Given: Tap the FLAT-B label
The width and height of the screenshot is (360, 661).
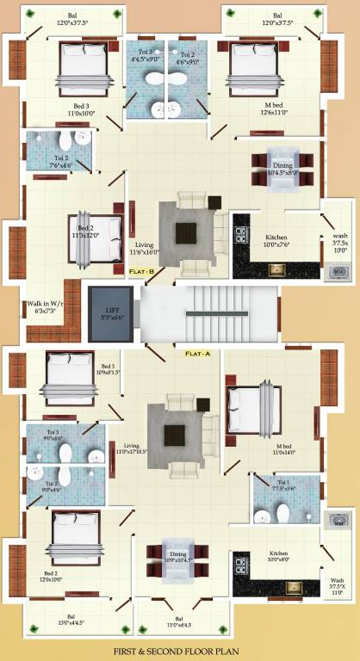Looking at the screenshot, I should pos(141,272).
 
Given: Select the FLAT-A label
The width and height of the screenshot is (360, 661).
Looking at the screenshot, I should pos(197,353).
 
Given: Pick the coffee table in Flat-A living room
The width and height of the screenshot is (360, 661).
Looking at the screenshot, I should pos(177,436).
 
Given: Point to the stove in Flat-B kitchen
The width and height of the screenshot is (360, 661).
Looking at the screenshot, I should pos(241,234).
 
